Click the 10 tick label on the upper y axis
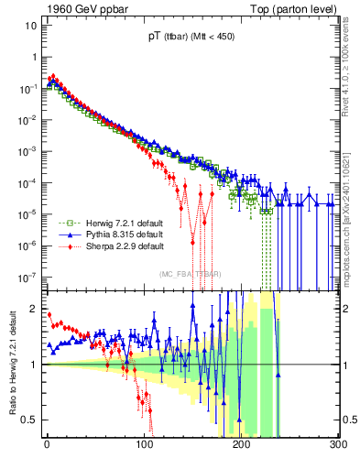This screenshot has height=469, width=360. pos(30,25)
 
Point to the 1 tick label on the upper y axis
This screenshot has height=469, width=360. pos(34,57)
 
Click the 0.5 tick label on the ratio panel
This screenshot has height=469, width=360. pos(30,420)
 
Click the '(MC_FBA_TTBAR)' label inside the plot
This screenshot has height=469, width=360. pos(191,275)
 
